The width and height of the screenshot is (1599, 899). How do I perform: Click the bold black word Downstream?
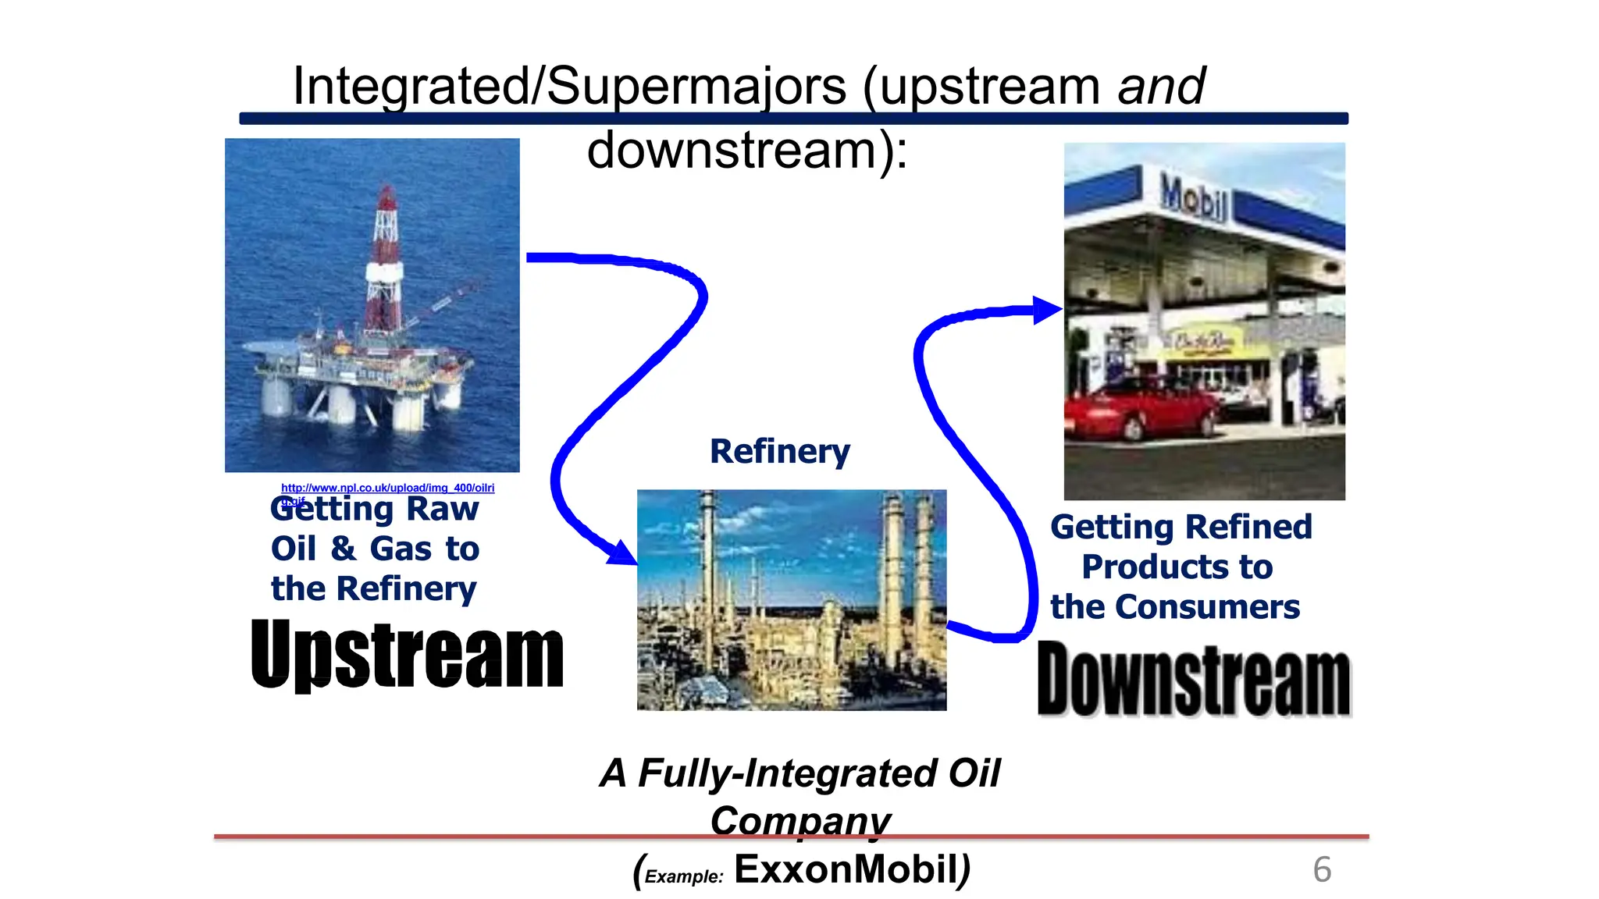click(1194, 679)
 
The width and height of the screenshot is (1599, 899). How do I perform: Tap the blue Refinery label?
click(779, 452)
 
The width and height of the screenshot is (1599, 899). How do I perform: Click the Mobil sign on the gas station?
click(1192, 196)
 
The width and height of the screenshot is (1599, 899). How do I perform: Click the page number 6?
click(1322, 869)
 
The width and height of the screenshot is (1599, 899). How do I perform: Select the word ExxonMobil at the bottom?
click(846, 869)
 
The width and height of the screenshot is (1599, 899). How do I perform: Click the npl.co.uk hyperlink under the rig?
click(387, 488)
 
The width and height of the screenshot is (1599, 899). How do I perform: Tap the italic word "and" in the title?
click(1161, 86)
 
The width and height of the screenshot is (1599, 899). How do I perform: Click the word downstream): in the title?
click(747, 150)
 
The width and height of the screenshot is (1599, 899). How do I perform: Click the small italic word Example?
click(684, 876)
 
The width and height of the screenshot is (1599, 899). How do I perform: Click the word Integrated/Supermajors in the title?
click(569, 86)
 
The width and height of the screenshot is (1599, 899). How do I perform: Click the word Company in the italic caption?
click(800, 820)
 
